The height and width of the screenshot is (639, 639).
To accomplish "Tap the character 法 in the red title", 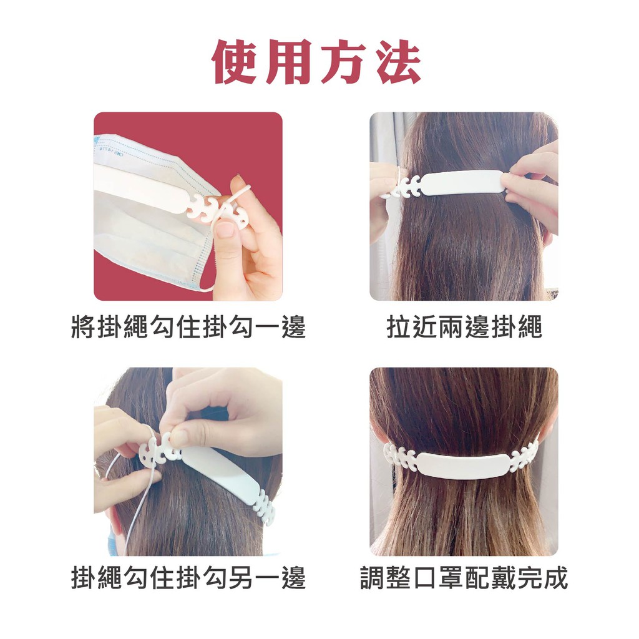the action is point(399,62).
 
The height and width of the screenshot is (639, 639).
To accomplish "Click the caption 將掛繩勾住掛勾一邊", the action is point(188,327).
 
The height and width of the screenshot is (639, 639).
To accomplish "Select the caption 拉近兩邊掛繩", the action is point(464,327).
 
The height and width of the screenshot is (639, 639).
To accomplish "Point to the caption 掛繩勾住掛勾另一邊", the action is point(188,577).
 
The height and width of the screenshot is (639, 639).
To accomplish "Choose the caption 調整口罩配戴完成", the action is point(464,577).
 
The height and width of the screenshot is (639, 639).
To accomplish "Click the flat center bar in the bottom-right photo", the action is point(462,464).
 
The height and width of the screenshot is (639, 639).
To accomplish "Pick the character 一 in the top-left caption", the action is point(267,327).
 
